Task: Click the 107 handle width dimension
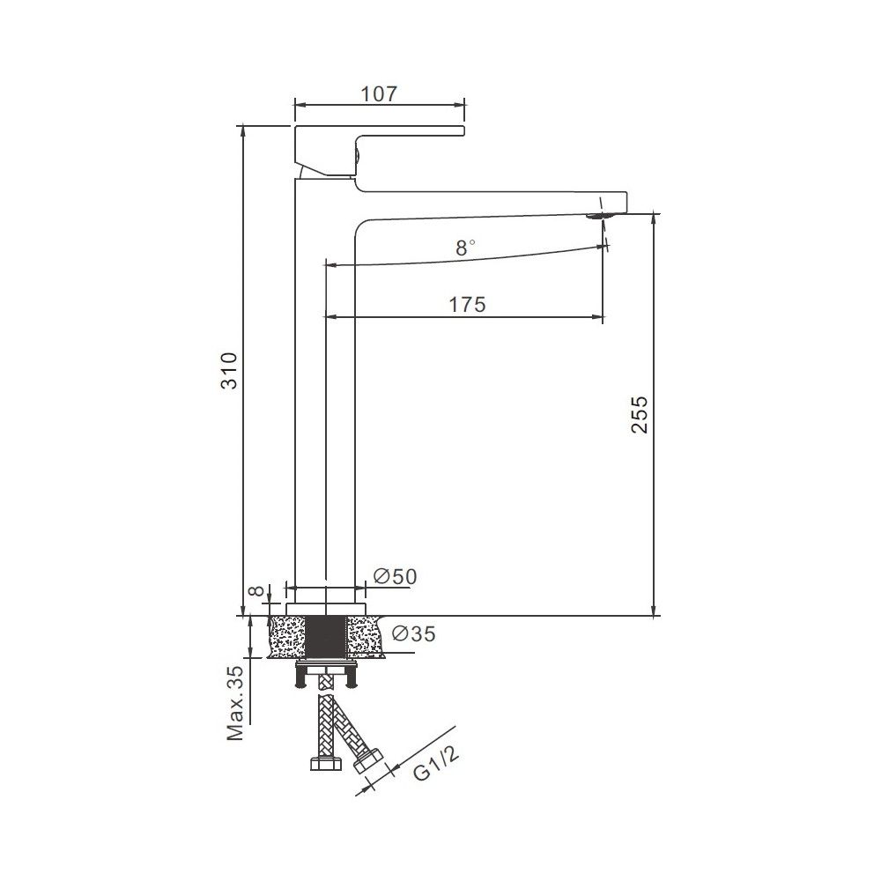tap(379, 94)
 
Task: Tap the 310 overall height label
tap(230, 371)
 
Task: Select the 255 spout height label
tap(640, 415)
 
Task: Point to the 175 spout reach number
tap(467, 305)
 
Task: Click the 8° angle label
tap(464, 248)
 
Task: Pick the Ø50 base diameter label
tap(395, 576)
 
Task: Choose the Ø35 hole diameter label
tap(413, 633)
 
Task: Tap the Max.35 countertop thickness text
tap(235, 703)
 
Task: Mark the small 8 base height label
tap(255, 592)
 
